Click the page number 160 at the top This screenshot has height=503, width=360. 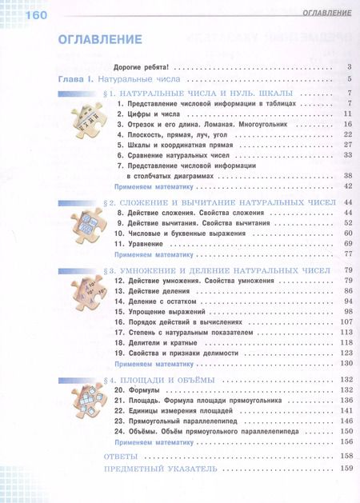[26, 14]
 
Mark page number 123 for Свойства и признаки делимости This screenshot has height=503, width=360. [346, 353]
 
